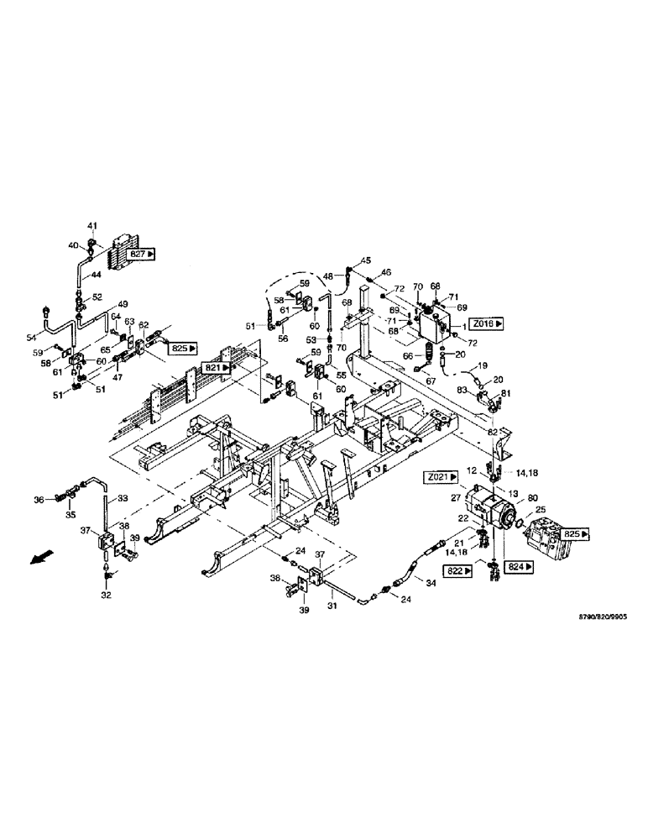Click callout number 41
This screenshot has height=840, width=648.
pos(93,226)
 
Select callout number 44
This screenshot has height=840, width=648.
pos(96,275)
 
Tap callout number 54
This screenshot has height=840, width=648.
pos(44,312)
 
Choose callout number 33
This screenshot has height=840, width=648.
pos(123,499)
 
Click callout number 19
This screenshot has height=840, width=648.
pos(483,366)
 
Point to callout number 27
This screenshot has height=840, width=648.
pos(457,499)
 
